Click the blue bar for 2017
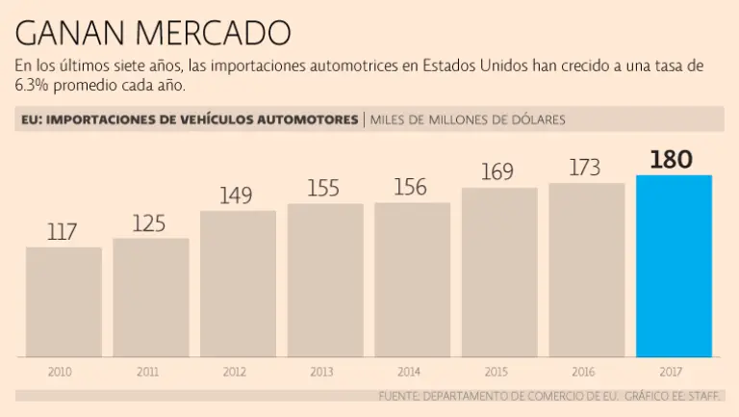click(x=674, y=266)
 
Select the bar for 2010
click(x=64, y=301)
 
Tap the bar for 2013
click(x=325, y=279)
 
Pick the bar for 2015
click(x=499, y=272)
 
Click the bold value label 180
click(x=671, y=159)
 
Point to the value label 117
click(x=62, y=232)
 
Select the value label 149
click(x=236, y=196)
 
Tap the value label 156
click(x=411, y=188)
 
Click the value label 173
click(x=585, y=169)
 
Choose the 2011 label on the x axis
click(x=148, y=371)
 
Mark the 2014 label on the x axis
click(x=409, y=371)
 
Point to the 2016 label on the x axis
click(x=583, y=371)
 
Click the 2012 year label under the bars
click(x=235, y=371)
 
